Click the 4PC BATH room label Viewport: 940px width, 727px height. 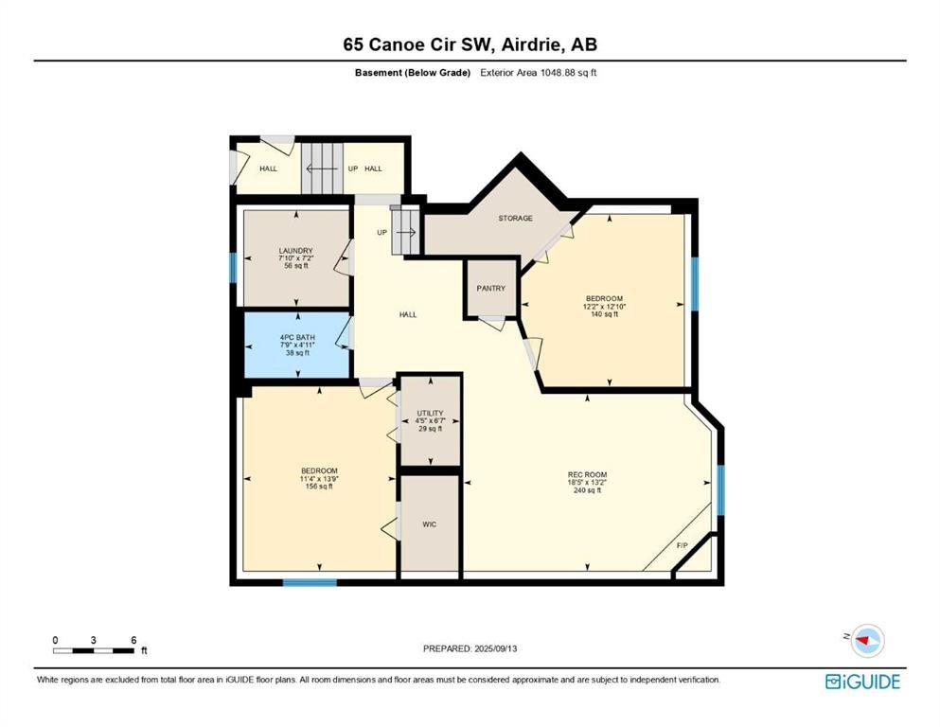tap(297, 337)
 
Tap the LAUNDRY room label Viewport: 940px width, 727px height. tap(296, 251)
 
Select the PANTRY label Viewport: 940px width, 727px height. tap(491, 289)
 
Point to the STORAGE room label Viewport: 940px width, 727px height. tap(516, 218)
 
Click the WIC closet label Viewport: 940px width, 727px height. tap(430, 524)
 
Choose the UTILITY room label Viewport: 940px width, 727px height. tap(431, 413)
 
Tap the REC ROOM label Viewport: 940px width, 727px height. tap(588, 474)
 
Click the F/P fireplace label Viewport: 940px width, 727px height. tap(683, 545)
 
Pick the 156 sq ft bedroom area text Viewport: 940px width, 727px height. tap(319, 487)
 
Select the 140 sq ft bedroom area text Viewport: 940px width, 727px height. tap(604, 314)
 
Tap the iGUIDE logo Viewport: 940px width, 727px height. tap(862, 682)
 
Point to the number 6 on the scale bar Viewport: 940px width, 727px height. tap(133, 640)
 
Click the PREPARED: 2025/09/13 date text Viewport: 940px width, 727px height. tap(470, 648)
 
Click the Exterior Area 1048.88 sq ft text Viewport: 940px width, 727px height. tap(539, 73)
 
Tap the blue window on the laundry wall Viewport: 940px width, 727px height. tap(233, 267)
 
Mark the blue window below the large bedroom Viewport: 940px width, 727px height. tap(310, 582)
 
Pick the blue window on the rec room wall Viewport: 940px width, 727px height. tap(721, 490)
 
